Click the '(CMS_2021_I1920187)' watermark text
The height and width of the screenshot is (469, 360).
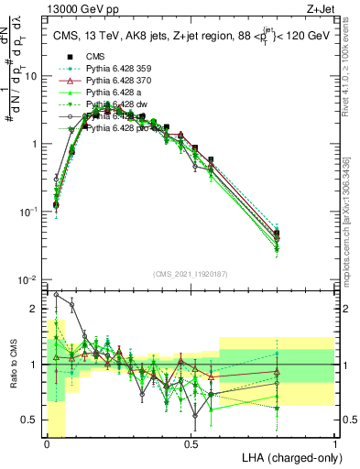point(191,274)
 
